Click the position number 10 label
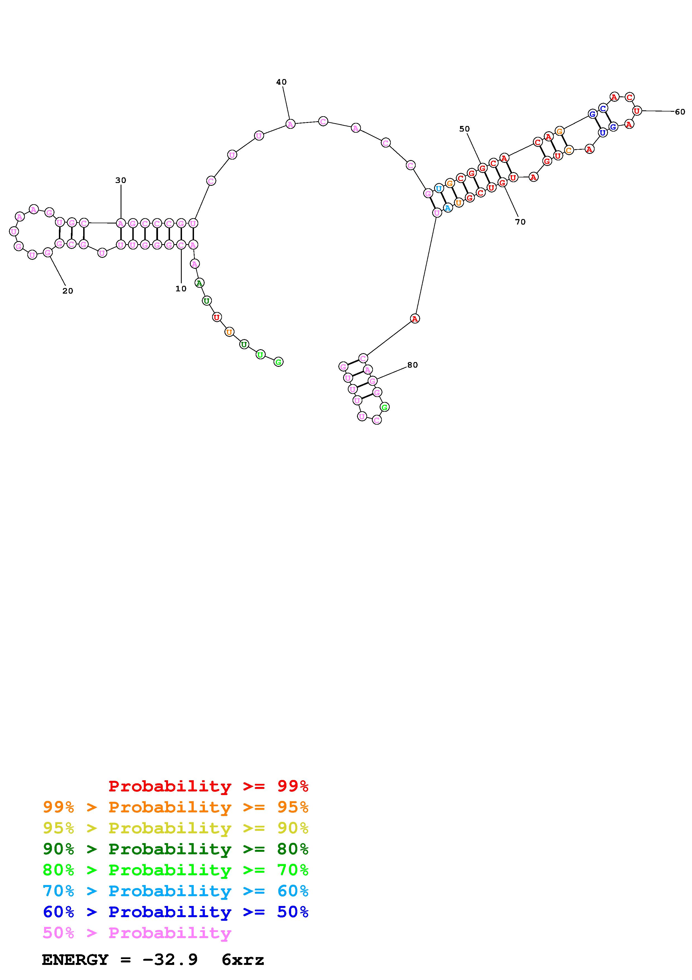click(x=181, y=289)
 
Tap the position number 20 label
click(x=68, y=291)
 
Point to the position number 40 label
click(x=281, y=82)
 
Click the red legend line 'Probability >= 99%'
click(x=209, y=786)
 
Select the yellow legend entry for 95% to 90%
click(x=176, y=828)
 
